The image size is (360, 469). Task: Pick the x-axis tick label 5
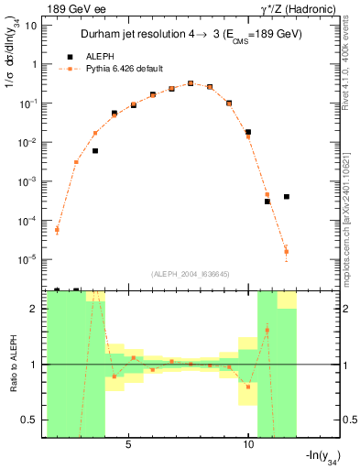click(128, 442)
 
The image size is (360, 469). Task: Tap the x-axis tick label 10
click(248, 442)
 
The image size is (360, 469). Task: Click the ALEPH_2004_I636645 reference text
click(189, 274)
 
